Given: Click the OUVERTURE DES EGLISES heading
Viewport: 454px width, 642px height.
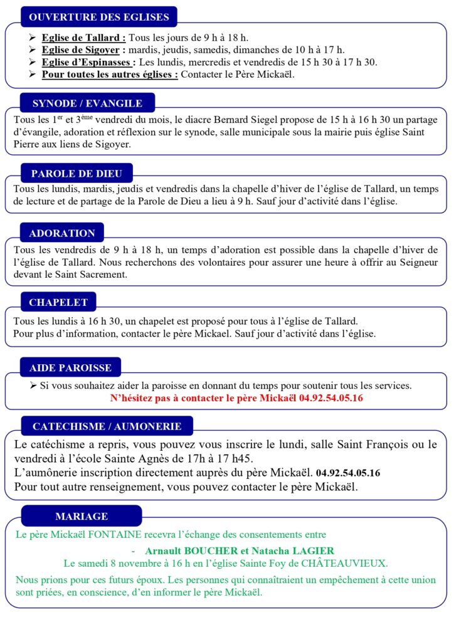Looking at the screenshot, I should (98, 17).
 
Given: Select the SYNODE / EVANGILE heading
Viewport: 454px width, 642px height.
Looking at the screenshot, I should (87, 103).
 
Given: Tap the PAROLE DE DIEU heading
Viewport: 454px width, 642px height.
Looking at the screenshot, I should (77, 173).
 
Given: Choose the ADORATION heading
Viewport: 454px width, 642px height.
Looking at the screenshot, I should (62, 233).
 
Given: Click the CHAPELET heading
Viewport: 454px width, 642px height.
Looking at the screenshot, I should (58, 302).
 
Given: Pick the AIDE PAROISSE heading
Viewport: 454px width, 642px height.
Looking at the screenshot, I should (70, 367).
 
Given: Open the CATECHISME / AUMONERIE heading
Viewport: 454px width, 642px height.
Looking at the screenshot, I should (107, 426).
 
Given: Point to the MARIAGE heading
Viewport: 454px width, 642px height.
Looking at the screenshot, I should (82, 517).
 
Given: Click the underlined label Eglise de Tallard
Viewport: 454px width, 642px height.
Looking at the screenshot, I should (83, 38).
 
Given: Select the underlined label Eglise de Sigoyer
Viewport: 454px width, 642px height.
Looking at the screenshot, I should (84, 50).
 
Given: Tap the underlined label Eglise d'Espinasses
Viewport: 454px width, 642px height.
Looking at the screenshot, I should (88, 62).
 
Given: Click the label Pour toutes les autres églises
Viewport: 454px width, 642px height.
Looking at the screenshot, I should (110, 75).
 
